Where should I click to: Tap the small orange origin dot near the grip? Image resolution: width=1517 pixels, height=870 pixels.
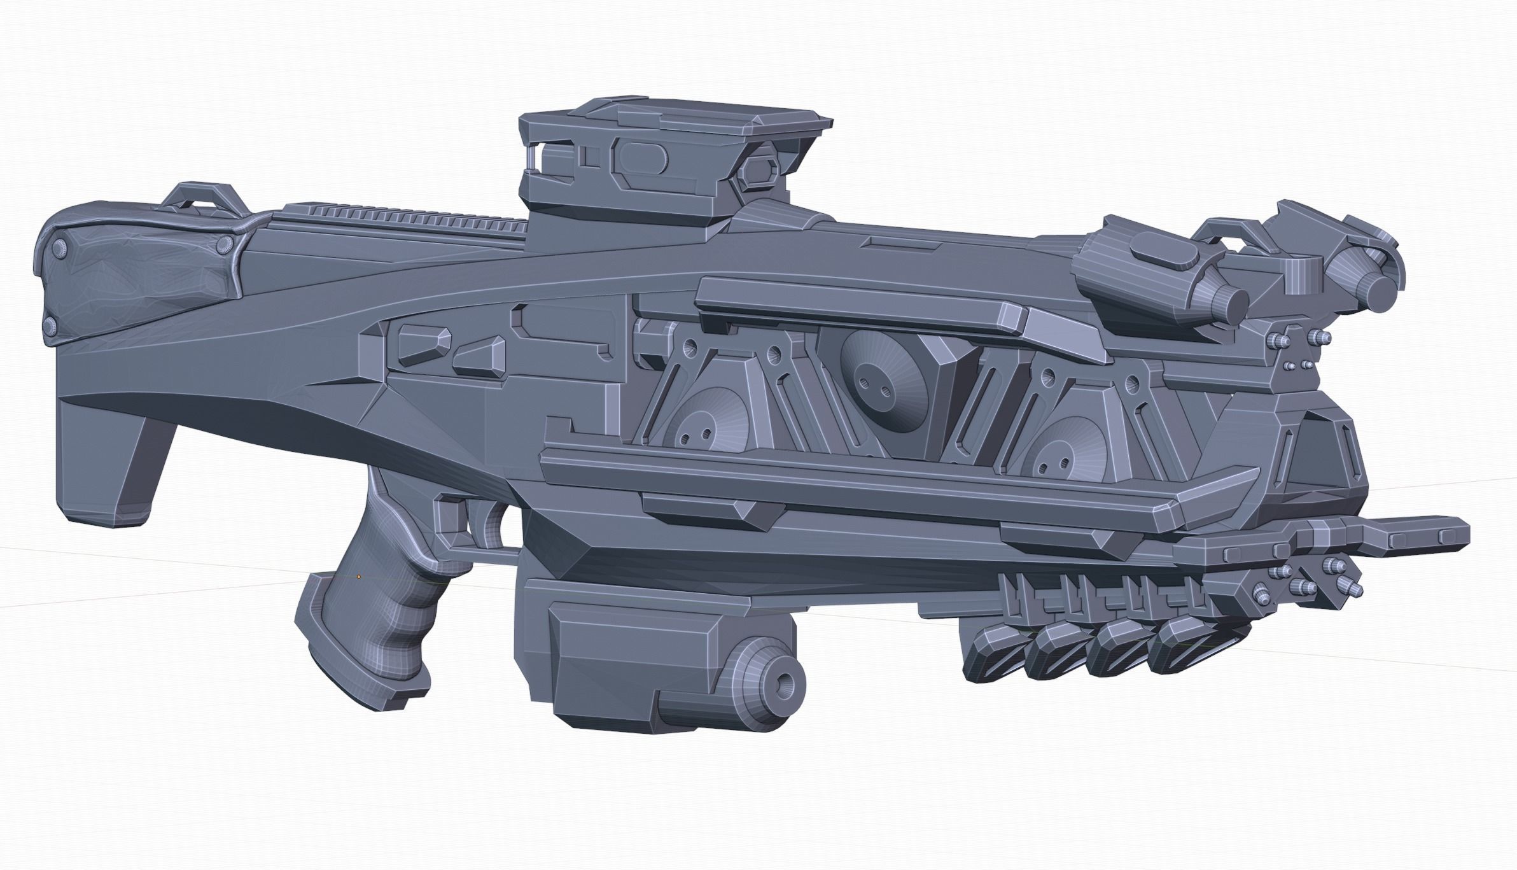359,577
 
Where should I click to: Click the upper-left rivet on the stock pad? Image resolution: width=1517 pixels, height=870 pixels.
59,247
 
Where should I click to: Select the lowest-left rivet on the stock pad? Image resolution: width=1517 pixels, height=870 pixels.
50,326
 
